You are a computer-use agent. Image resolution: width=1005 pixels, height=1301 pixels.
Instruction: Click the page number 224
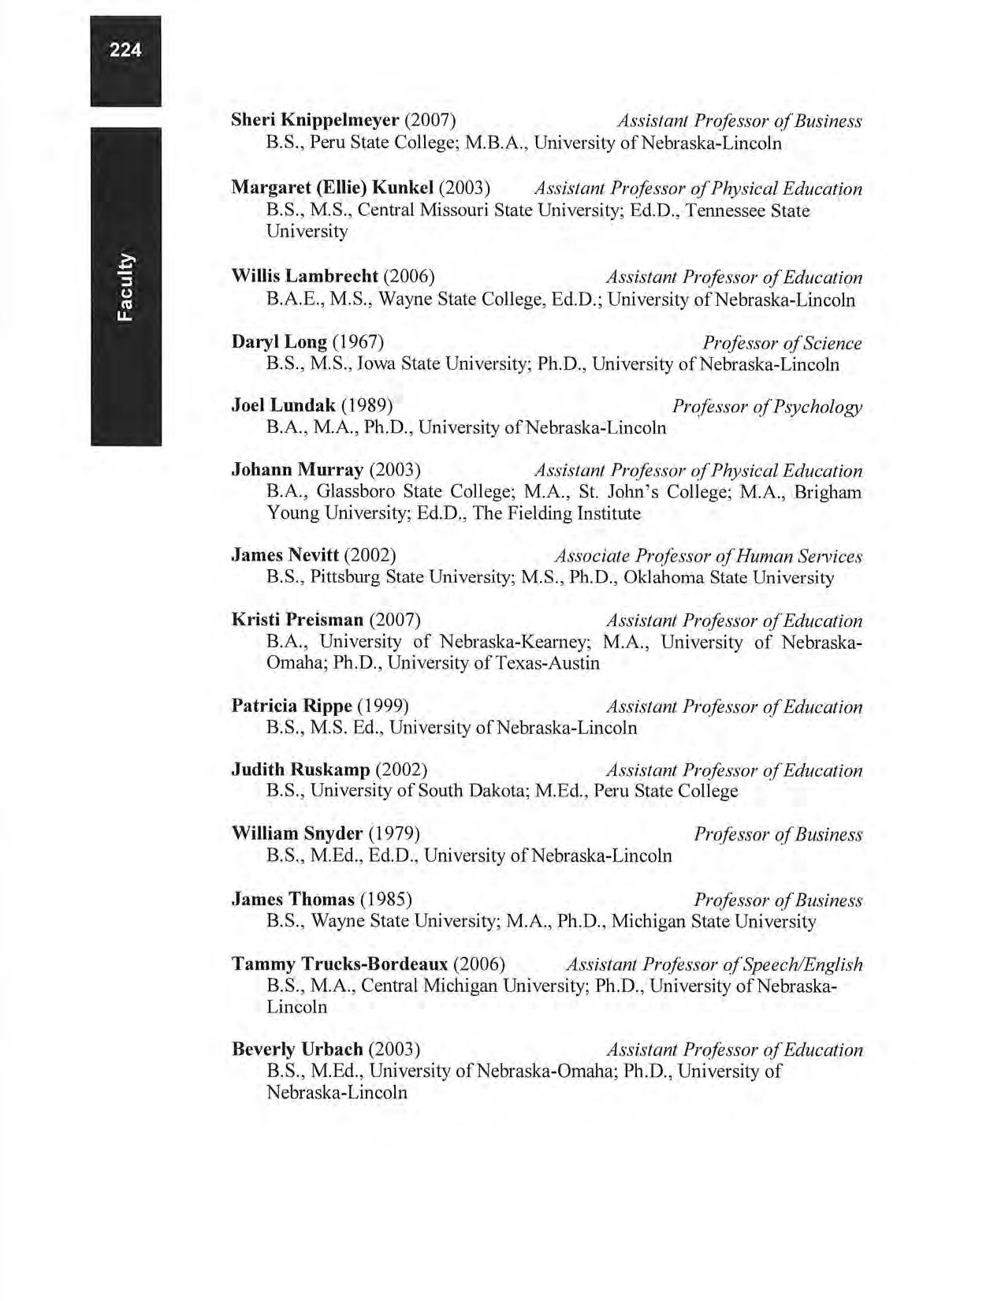125,50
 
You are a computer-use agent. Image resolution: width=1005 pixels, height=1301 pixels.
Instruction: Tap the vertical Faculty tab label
126,286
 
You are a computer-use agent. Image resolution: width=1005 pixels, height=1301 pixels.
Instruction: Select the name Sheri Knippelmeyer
315,121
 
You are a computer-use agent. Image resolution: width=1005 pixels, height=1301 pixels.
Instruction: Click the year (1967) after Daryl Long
358,342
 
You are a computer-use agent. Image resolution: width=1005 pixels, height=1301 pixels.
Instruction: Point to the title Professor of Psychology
767,407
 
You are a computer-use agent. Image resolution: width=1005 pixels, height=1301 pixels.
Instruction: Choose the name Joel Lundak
283,406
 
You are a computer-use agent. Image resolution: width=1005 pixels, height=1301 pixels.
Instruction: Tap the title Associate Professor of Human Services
708,557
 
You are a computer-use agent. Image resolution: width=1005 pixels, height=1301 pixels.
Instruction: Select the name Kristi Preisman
297,620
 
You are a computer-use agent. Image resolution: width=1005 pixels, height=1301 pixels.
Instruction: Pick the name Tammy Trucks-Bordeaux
340,964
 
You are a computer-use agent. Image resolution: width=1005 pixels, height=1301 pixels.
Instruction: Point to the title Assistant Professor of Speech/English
714,964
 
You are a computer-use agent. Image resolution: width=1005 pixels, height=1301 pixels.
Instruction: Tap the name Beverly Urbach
297,1050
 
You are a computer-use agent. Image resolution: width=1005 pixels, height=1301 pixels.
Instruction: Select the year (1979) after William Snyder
394,834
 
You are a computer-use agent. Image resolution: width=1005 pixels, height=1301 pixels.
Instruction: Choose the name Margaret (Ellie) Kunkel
332,188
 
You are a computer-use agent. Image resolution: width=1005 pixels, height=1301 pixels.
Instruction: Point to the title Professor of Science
782,343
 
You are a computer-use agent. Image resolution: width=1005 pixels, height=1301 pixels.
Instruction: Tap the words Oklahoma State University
728,578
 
